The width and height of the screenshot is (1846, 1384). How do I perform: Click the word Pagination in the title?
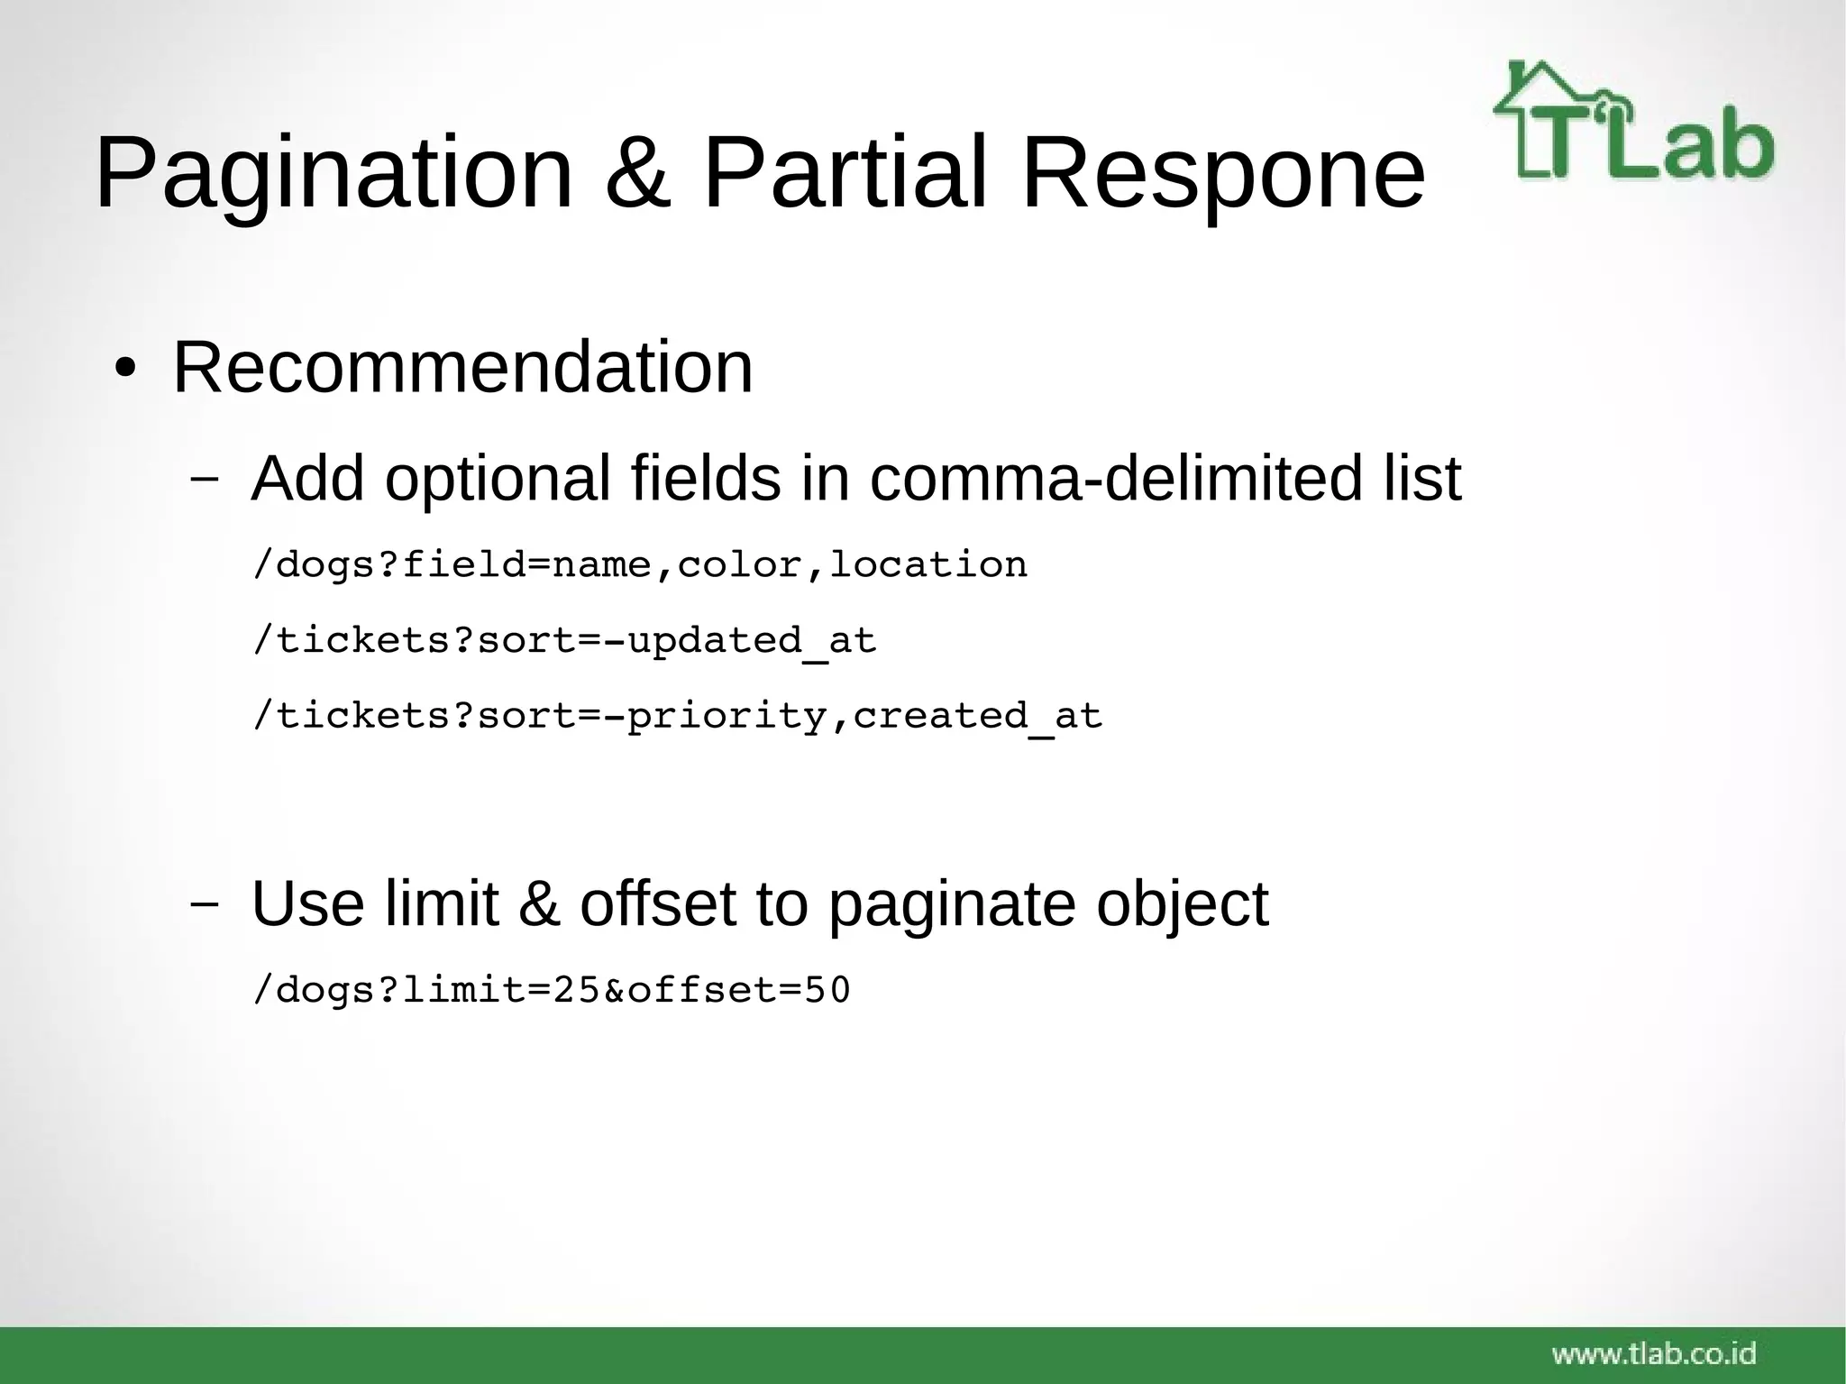[x=334, y=173]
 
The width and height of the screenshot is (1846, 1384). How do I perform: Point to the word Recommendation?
[x=462, y=367]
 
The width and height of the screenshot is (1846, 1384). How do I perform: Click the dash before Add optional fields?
[x=204, y=479]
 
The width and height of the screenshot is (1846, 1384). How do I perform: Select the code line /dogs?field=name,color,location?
[x=640, y=565]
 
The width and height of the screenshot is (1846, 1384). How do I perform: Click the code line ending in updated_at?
[x=564, y=641]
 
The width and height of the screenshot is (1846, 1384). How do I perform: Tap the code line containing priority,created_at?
[x=677, y=717]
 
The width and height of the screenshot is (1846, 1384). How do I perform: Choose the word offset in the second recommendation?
[x=658, y=903]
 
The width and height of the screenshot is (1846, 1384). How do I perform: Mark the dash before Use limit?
[x=204, y=903]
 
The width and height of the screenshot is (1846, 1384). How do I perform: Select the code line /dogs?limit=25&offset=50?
[x=552, y=990]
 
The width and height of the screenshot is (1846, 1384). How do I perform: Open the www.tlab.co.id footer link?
[x=1654, y=1352]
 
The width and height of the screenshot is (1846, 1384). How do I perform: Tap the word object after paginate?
[x=1182, y=905]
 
